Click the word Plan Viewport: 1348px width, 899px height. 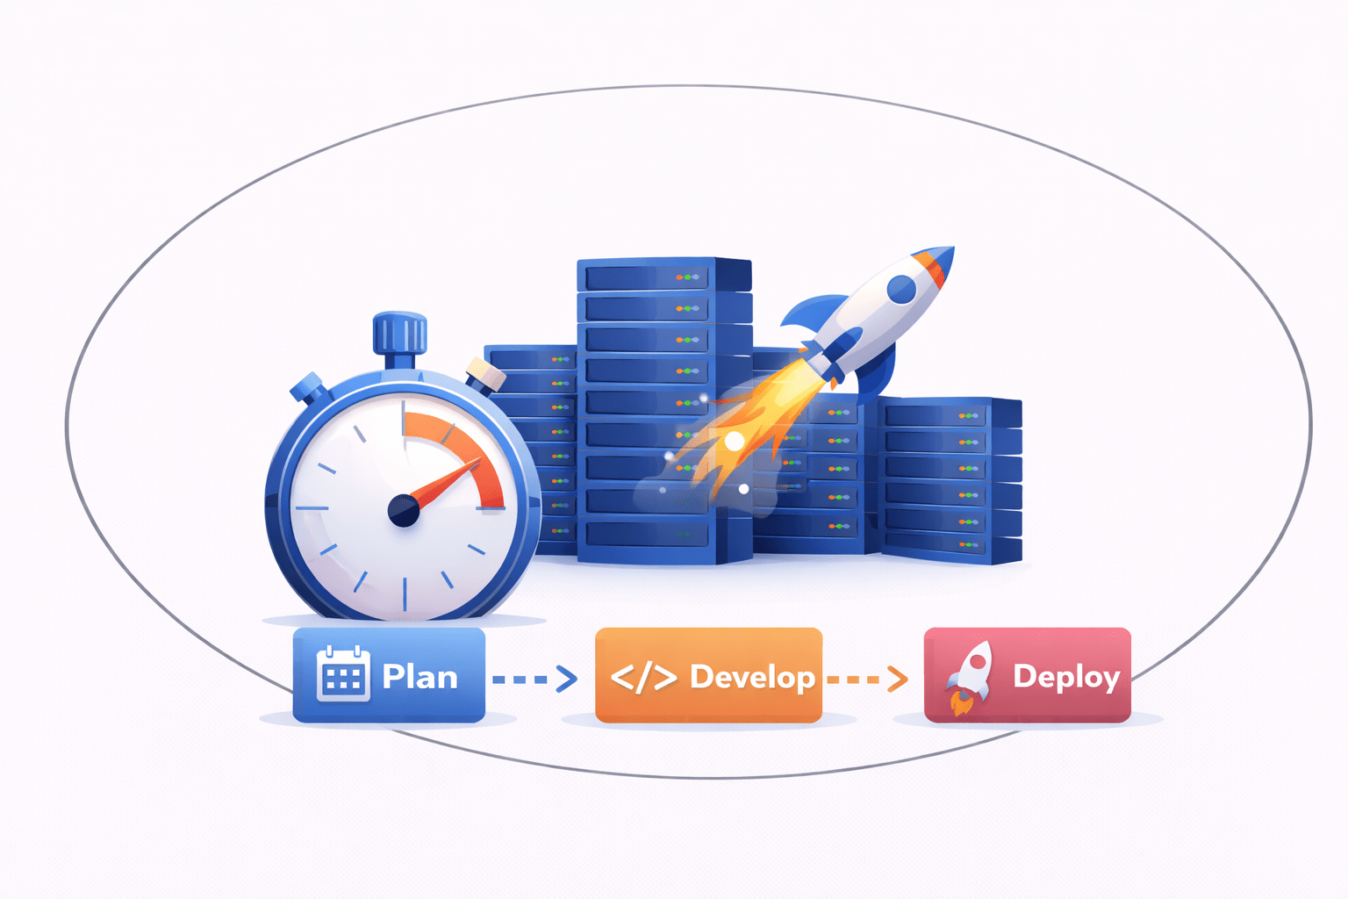pos(419,677)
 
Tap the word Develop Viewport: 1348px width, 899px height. pos(752,677)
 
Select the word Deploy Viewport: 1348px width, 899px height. pos(1066,677)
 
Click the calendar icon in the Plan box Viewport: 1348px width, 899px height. pos(342,673)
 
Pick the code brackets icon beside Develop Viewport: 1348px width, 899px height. pos(643,678)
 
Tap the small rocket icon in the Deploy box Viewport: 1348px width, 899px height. pos(970,676)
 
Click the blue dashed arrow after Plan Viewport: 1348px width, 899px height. pos(534,679)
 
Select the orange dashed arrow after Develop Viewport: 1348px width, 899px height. pos(867,679)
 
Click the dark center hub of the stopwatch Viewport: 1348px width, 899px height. pos(404,510)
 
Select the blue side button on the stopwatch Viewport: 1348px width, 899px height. pos(309,388)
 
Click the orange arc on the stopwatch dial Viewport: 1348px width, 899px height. pos(466,447)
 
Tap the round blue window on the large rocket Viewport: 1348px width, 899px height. pos(901,288)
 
